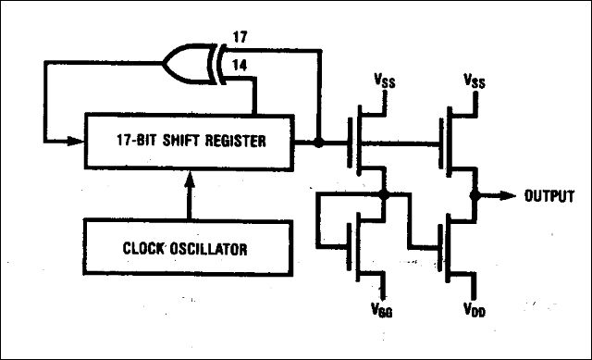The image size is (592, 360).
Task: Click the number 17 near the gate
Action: point(240,37)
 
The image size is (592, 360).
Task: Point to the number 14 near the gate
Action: point(240,66)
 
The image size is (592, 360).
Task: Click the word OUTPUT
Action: point(549,196)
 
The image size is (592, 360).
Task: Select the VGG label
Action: point(382,310)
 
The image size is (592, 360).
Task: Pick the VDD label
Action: point(475,310)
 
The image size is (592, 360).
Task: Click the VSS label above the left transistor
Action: point(385,81)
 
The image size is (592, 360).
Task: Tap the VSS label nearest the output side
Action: point(475,81)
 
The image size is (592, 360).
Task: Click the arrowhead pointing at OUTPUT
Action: point(507,195)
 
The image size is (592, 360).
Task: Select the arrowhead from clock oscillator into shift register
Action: point(190,180)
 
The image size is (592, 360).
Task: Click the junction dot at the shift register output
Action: point(319,143)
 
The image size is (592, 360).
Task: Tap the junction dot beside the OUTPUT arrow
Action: point(475,195)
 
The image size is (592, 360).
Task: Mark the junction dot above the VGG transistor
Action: point(384,194)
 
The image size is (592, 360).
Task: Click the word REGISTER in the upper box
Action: point(235,141)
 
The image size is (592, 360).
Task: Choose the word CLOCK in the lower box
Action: point(143,249)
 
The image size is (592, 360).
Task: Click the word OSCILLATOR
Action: point(208,249)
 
